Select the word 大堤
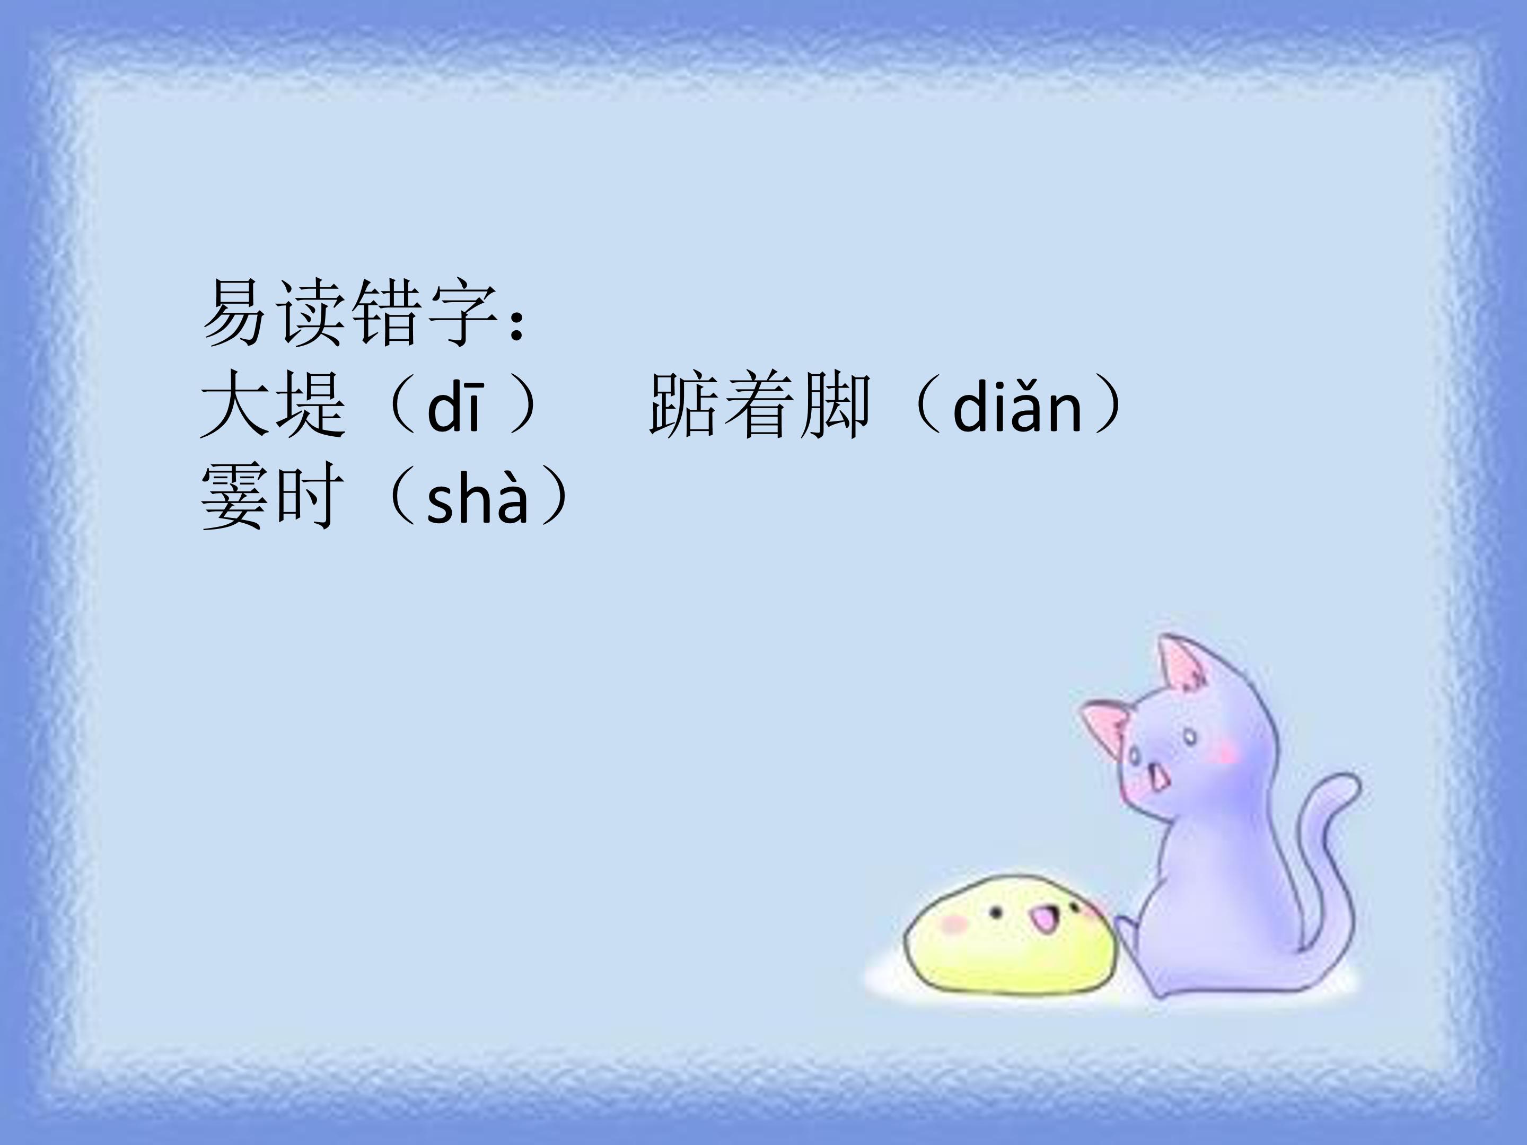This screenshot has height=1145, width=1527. [x=273, y=405]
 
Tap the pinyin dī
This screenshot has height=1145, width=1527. [x=453, y=409]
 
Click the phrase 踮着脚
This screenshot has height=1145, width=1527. [x=759, y=405]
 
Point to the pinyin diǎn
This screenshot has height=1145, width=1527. [x=1016, y=409]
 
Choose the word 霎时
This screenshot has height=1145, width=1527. [x=273, y=496]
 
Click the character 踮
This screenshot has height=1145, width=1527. [x=684, y=405]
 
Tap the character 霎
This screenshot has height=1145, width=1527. [x=235, y=496]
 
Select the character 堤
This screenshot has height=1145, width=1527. [x=311, y=405]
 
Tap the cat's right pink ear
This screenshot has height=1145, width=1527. [x=1182, y=666]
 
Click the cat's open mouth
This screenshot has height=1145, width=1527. [x=1157, y=778]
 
